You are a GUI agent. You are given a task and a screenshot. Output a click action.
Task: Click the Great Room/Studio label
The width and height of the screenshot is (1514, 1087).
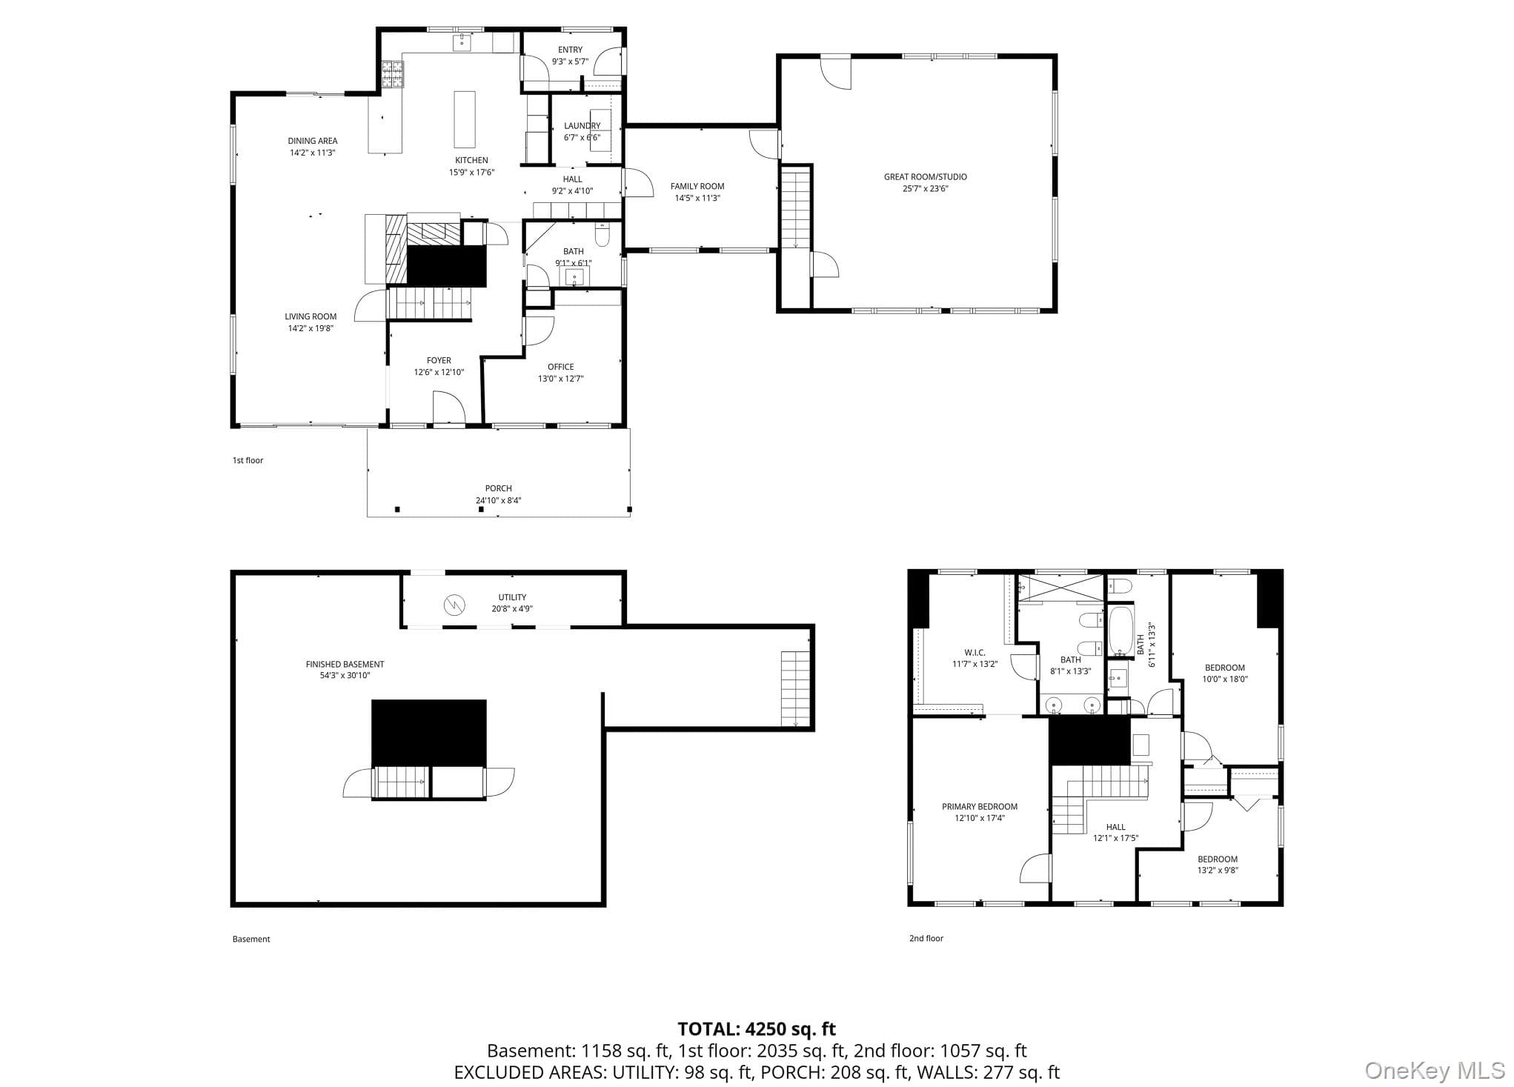pos(925,177)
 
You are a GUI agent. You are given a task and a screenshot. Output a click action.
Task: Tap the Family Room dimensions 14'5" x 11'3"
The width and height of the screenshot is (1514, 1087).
pos(697,199)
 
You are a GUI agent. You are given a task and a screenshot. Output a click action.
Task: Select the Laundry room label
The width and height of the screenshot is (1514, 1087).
pos(582,126)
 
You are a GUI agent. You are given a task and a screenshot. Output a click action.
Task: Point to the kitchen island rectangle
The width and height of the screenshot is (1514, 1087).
pos(465,119)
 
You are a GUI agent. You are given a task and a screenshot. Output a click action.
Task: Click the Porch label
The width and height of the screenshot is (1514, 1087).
pos(498,488)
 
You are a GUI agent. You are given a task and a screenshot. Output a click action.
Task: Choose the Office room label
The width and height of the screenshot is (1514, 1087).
pos(560,367)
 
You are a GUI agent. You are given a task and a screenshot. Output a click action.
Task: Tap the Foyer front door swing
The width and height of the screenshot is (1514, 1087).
pos(448,408)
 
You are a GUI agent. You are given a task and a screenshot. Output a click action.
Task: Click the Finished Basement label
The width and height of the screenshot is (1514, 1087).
pos(345,665)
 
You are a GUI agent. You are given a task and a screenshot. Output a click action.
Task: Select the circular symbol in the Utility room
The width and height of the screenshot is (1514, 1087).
pos(453,605)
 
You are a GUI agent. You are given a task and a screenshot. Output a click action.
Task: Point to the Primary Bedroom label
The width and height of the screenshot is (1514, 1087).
pos(980,807)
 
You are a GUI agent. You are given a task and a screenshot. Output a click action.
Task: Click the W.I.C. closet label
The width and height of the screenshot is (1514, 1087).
pos(975,653)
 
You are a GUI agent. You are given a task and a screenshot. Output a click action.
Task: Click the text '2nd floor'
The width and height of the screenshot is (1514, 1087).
pos(926,938)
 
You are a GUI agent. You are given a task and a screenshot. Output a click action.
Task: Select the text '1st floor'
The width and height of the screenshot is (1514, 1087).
pos(248,460)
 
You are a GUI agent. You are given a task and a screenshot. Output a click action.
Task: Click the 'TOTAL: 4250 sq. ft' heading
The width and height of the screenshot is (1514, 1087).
pos(757,1029)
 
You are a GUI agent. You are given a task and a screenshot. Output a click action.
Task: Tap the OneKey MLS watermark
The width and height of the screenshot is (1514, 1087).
pos(1435,1070)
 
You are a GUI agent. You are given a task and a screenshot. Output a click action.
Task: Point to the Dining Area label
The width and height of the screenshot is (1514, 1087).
pos(313,141)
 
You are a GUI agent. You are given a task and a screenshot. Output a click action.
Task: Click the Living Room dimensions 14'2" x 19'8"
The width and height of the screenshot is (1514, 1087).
pos(311,328)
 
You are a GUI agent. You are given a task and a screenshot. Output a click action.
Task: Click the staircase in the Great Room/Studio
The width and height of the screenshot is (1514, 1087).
pos(796,208)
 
